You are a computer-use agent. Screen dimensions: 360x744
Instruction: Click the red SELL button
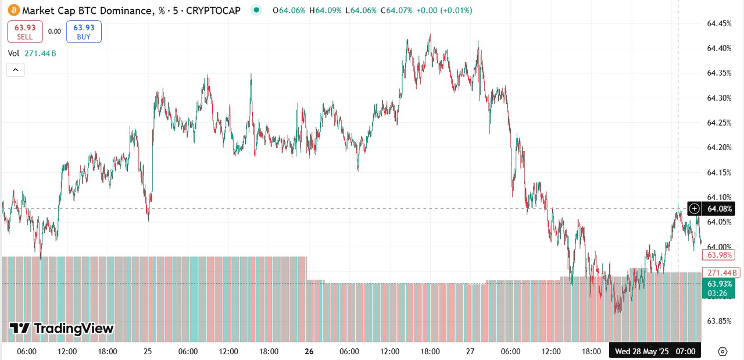pyautogui.click(x=25, y=31)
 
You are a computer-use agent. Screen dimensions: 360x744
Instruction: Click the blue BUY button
pyautogui.click(x=84, y=31)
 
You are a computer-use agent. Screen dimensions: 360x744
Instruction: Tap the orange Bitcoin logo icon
pyautogui.click(x=13, y=10)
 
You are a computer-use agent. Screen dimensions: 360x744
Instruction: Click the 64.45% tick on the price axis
pyautogui.click(x=718, y=24)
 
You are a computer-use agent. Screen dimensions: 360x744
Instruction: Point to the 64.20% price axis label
pyautogui.click(x=718, y=148)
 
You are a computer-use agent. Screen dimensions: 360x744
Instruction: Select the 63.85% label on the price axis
pyautogui.click(x=718, y=321)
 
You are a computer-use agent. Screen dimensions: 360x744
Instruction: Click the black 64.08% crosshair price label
pyautogui.click(x=719, y=208)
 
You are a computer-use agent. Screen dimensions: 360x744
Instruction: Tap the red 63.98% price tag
pyautogui.click(x=719, y=255)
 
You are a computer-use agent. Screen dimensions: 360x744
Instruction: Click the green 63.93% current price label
pyautogui.click(x=719, y=284)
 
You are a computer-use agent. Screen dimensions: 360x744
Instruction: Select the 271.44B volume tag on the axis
pyautogui.click(x=719, y=272)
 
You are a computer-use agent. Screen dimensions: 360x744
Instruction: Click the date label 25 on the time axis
pyautogui.click(x=148, y=351)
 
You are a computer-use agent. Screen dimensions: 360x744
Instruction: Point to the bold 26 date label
pyautogui.click(x=309, y=351)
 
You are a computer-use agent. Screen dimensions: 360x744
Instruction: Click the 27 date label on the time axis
pyautogui.click(x=470, y=351)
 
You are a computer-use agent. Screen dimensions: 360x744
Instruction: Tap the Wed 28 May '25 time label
pyautogui.click(x=642, y=351)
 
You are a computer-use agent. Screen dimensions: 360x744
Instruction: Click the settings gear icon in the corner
pyautogui.click(x=722, y=351)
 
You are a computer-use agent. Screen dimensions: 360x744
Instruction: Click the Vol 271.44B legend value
pyautogui.click(x=40, y=54)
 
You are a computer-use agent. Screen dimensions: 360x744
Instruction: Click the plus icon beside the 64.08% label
pyautogui.click(x=694, y=208)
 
